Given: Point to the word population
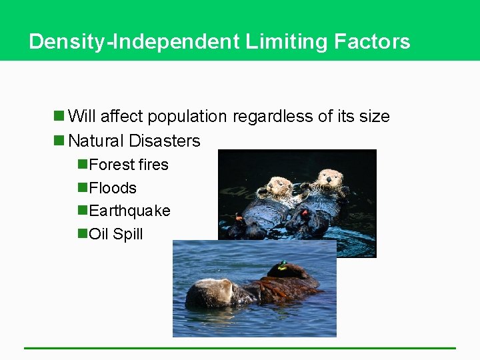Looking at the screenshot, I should tap(187, 117).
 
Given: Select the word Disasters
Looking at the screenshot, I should tap(165, 141).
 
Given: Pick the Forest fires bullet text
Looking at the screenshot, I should tap(129, 165).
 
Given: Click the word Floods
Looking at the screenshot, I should tap(113, 188).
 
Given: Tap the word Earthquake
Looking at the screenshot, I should tap(129, 211).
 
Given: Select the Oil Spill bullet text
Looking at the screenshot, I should tap(116, 235).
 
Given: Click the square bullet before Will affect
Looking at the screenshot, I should tap(59, 117).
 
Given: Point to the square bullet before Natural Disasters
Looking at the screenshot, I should tap(59, 141).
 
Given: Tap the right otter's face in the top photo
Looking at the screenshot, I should tap(327, 178).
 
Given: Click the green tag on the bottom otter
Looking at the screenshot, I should tap(282, 265).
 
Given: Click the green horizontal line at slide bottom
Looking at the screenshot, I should tap(240, 347).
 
